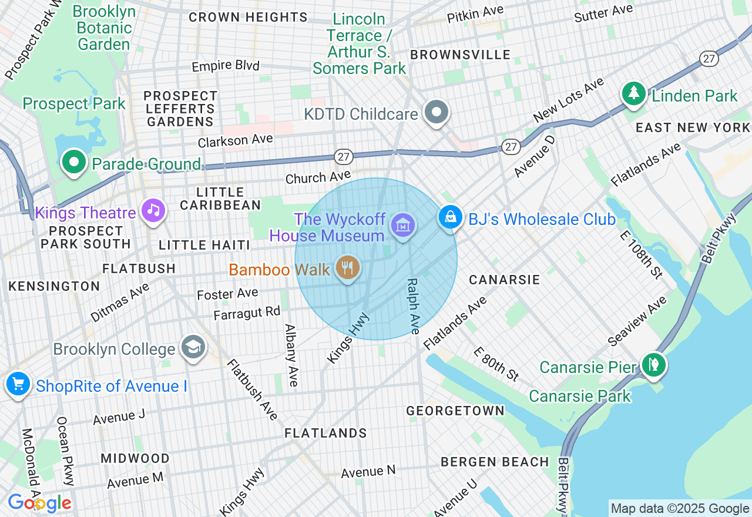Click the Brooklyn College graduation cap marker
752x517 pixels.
pos(193,347)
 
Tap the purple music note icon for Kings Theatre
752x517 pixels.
pos(153,210)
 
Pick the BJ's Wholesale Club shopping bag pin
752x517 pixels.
pos(450,217)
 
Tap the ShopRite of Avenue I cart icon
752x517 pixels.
pos(18,385)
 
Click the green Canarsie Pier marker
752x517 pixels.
pos(653,365)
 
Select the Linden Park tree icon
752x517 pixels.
pos(633,94)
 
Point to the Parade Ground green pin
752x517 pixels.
pos(74,162)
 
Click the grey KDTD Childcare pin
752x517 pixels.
pos(437,112)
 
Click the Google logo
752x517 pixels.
pos(39,503)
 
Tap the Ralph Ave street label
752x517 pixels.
pos(412,306)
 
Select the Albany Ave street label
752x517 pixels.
pos(291,355)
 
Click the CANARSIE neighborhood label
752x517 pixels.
pos(504,280)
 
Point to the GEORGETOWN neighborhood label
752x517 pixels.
pos(455,410)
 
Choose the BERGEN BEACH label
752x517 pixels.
pos(495,462)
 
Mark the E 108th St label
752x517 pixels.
pos(640,253)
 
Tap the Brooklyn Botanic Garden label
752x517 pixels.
pos(104,28)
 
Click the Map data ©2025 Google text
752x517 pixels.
pos(680,509)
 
